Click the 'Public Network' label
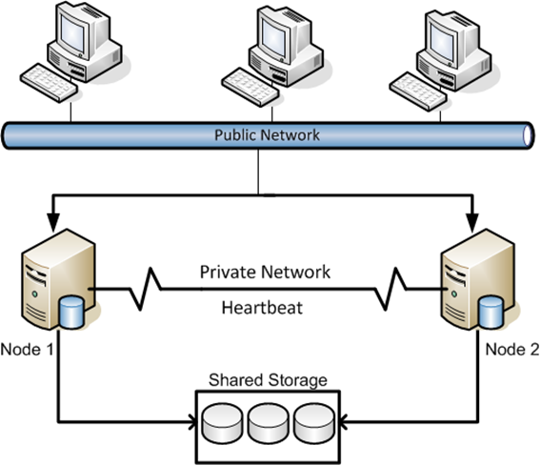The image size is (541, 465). click(267, 135)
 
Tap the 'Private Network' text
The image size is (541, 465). click(265, 272)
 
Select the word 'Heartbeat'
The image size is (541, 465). click(262, 308)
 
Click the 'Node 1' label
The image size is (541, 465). click(28, 350)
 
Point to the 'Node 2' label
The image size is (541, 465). click(512, 350)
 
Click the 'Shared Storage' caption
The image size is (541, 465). click(268, 380)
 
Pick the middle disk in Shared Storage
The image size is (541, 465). click(268, 424)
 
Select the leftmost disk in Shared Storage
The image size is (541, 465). click(222, 424)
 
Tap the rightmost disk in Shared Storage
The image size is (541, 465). click(314, 424)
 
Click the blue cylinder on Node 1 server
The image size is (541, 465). click(71, 312)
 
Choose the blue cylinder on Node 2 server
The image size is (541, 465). click(491, 312)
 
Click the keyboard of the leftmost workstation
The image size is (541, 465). click(49, 83)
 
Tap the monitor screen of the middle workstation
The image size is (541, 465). click(273, 36)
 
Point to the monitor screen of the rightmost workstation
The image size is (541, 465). click(442, 42)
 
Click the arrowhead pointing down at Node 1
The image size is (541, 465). click(53, 222)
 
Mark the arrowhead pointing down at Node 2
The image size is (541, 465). click(472, 222)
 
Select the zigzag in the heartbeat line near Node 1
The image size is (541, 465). click(145, 289)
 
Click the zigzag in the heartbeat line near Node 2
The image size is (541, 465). click(391, 289)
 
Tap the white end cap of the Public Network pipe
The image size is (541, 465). click(528, 135)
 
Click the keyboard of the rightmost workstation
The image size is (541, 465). click(418, 91)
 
